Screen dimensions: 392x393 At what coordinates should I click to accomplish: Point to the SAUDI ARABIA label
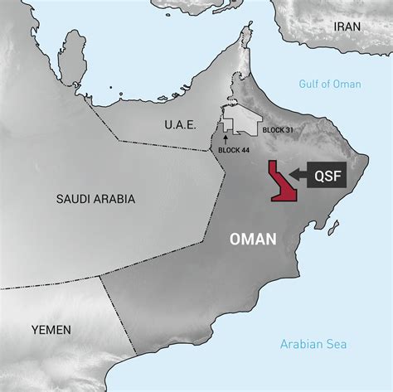pyautogui.click(x=95, y=199)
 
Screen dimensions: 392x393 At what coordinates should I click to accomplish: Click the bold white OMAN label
pyautogui.click(x=252, y=240)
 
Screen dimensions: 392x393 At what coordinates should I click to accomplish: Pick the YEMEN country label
pyautogui.click(x=51, y=330)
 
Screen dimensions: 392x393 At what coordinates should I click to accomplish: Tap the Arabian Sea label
pyautogui.click(x=313, y=344)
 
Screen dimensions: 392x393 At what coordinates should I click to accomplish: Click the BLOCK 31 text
pyautogui.click(x=277, y=131)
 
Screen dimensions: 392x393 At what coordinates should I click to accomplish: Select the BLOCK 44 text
pyautogui.click(x=234, y=149)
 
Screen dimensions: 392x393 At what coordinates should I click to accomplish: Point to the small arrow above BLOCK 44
pyautogui.click(x=225, y=137)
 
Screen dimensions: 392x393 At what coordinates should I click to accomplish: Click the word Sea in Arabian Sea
pyautogui.click(x=337, y=344)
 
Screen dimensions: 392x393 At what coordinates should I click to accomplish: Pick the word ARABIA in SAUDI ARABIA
pyautogui.click(x=115, y=199)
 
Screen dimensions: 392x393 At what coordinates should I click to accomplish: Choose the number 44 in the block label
pyautogui.click(x=245, y=149)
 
